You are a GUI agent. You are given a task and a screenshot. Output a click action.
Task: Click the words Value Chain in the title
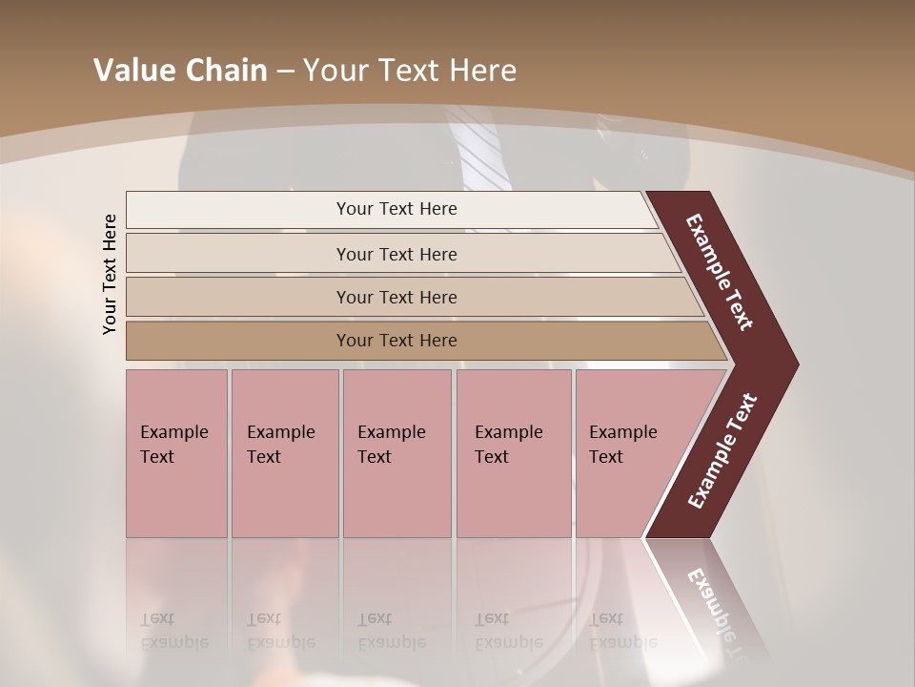[x=180, y=71]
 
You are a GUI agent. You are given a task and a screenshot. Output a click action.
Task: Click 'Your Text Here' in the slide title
[x=410, y=71]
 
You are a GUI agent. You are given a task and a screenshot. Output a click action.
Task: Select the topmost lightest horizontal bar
[x=238, y=209]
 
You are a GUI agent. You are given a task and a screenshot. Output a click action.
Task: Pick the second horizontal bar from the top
[x=238, y=254]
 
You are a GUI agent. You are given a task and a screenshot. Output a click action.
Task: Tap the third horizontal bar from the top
[x=238, y=297]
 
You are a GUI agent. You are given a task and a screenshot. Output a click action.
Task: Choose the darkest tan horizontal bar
[x=238, y=341]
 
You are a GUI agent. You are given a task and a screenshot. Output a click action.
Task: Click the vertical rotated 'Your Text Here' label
[x=110, y=274]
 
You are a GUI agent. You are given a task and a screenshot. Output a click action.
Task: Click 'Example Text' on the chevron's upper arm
[x=720, y=272]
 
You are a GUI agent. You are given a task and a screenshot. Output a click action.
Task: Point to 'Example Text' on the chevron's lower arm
[x=722, y=450]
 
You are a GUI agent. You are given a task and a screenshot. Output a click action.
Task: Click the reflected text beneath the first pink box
[x=173, y=631]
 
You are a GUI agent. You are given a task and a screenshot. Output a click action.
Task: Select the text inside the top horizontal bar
[x=396, y=209]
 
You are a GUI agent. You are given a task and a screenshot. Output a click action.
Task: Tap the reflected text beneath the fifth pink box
[x=622, y=631]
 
